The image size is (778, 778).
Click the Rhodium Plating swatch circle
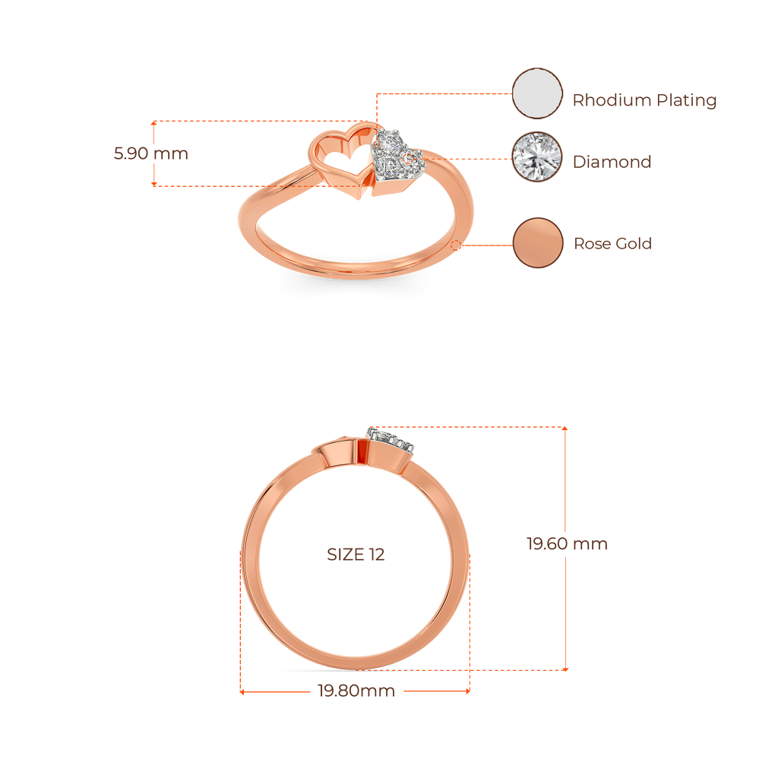pos(537,93)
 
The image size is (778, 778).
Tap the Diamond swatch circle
pos(537,157)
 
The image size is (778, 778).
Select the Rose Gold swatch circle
pos(538,242)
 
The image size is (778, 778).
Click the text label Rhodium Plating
pos(644,100)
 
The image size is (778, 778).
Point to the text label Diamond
pos(612,162)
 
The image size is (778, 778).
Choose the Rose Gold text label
pos(613,243)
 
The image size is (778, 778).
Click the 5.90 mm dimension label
pos(151,153)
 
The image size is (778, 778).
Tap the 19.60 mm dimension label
pos(567,544)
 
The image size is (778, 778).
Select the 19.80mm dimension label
pos(356,691)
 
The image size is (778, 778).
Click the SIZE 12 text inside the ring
pos(356,554)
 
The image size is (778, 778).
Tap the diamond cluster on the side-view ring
pos(391,439)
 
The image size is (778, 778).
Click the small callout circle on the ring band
pos(455,245)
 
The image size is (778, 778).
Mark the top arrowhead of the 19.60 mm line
pos(565,429)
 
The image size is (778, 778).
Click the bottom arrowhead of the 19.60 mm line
pos(565,669)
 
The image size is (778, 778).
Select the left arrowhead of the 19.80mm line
pos(242,691)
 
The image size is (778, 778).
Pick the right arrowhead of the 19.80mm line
pos(468,691)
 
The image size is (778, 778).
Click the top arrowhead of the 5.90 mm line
pos(153,122)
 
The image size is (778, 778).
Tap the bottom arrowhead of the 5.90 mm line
pos(153,184)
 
